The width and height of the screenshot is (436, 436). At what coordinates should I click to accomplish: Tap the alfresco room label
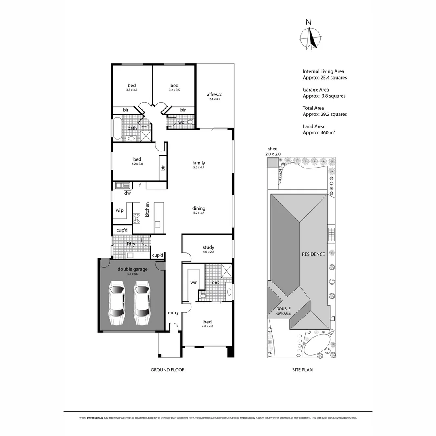pos(214,95)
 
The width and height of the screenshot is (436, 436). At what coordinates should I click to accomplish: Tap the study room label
pos(208,247)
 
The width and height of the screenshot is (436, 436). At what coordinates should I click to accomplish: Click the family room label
pos(199,163)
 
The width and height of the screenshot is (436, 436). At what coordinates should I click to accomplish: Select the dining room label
pos(199,208)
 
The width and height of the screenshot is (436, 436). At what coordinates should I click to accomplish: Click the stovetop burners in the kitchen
pos(136,218)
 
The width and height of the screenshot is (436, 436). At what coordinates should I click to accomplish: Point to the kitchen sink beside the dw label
pos(122,186)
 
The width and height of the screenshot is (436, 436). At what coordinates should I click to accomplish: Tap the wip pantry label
pos(119,210)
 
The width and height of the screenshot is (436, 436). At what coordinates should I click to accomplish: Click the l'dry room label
pos(131,244)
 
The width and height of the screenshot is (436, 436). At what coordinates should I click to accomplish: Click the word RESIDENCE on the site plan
pos(313,254)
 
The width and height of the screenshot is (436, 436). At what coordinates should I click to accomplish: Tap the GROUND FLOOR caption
pos(168,370)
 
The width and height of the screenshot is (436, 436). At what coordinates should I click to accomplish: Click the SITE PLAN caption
pos(302,370)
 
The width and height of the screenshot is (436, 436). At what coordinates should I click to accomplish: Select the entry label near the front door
pos(173,313)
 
